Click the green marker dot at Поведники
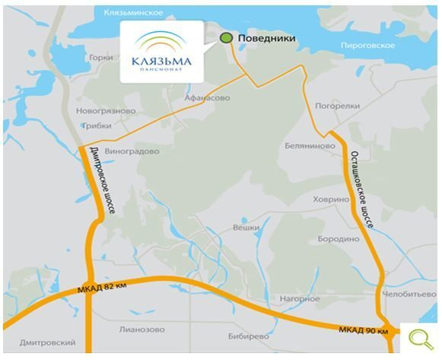point(225,37)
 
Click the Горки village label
point(100,58)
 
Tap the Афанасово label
point(206,98)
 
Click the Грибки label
point(94,126)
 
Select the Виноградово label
point(132,151)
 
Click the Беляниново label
point(310,145)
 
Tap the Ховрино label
point(330,199)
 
